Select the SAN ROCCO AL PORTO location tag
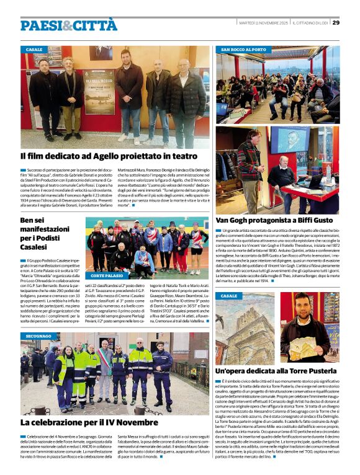pyautogui.click(x=243, y=50)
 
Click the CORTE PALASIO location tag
pyautogui.click(x=106, y=275)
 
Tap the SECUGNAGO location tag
pyautogui.click(x=39, y=336)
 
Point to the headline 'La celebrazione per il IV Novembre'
pyautogui.click(x=89, y=422)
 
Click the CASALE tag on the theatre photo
pyautogui.click(x=34, y=50)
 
